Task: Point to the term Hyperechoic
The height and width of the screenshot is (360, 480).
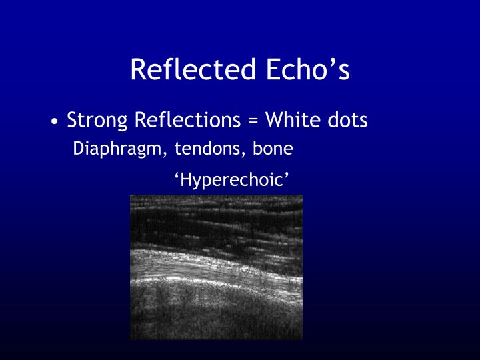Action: pos(233,180)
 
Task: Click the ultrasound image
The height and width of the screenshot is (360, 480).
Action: pos(216,267)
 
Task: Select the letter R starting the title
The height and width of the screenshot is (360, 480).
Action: pos(138,70)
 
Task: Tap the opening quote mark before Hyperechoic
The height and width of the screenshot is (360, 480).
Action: pos(177,175)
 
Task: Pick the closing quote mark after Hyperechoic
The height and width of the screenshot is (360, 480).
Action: pos(288,175)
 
